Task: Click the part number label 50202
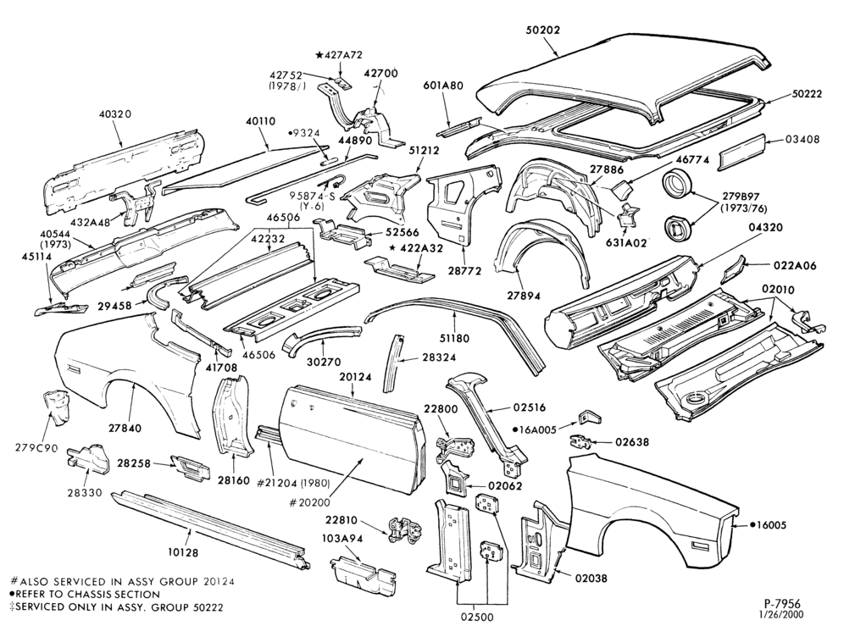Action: coord(542,30)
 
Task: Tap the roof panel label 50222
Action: coord(807,94)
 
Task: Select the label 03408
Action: coord(802,140)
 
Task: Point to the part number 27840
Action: coord(125,429)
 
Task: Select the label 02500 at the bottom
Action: coord(477,617)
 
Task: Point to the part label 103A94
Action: coord(342,539)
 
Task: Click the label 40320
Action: coord(116,114)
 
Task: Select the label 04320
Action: coord(764,228)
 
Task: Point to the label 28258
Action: coord(134,463)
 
